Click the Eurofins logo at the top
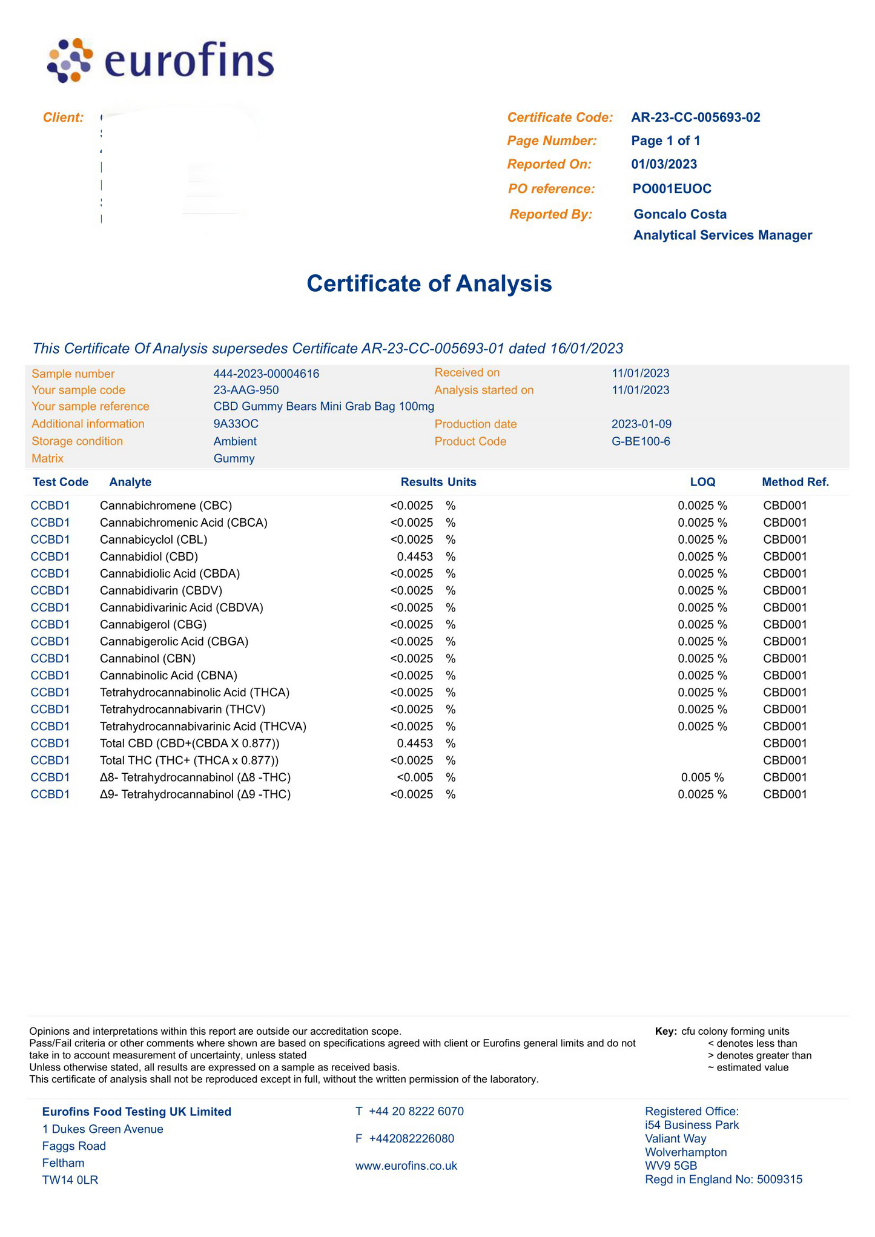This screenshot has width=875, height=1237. click(x=160, y=61)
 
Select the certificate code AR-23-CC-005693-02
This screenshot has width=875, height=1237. click(x=695, y=117)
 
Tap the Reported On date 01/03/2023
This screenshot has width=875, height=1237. click(x=664, y=164)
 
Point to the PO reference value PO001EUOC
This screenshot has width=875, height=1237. click(x=672, y=189)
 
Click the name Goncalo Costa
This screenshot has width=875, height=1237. click(x=679, y=214)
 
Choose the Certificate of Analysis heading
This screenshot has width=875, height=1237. click(x=429, y=283)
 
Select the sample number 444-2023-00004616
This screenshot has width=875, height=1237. click(x=266, y=374)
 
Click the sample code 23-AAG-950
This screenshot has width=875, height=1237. click(x=246, y=390)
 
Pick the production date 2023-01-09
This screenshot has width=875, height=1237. click(x=641, y=424)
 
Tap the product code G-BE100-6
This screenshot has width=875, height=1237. click(x=641, y=441)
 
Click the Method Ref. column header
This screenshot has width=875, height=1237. click(x=795, y=482)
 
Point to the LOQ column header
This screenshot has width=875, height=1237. click(x=702, y=482)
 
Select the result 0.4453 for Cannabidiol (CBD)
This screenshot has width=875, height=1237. click(x=415, y=556)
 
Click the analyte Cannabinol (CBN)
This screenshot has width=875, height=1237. click(x=147, y=658)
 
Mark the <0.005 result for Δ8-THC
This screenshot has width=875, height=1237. click(x=415, y=777)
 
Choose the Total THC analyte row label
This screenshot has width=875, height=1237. click(x=189, y=760)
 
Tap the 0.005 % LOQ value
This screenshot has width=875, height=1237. click(x=702, y=777)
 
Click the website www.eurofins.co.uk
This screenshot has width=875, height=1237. click(x=406, y=1166)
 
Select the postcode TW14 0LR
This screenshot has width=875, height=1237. click(x=70, y=1179)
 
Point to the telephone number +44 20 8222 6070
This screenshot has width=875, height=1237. click(x=416, y=1111)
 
